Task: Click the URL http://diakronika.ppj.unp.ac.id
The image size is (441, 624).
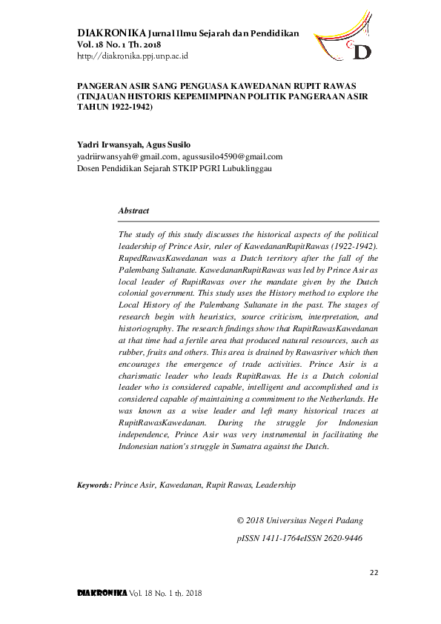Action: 133,56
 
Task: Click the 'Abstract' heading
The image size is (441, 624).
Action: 133,211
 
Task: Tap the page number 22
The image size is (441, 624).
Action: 374,571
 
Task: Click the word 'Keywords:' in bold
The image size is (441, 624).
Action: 95,485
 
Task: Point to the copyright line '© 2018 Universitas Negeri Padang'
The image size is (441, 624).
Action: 299,520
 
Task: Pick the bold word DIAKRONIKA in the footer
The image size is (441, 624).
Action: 102,594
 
